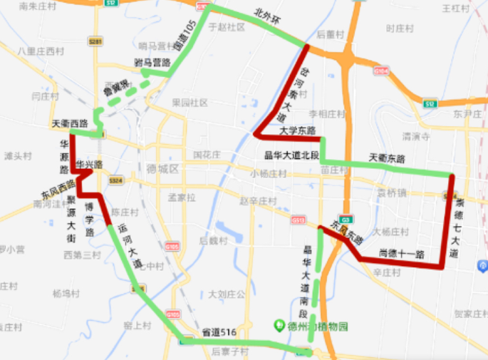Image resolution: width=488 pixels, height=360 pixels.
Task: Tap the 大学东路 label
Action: (298, 130)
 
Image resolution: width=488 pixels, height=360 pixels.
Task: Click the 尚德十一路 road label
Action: (402, 254)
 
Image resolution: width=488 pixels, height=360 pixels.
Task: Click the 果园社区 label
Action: (190, 103)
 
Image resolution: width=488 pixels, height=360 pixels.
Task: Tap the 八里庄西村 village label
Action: (41, 51)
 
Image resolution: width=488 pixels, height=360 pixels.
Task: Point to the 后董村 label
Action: (330, 34)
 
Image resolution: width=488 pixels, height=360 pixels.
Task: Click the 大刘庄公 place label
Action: (227, 294)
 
